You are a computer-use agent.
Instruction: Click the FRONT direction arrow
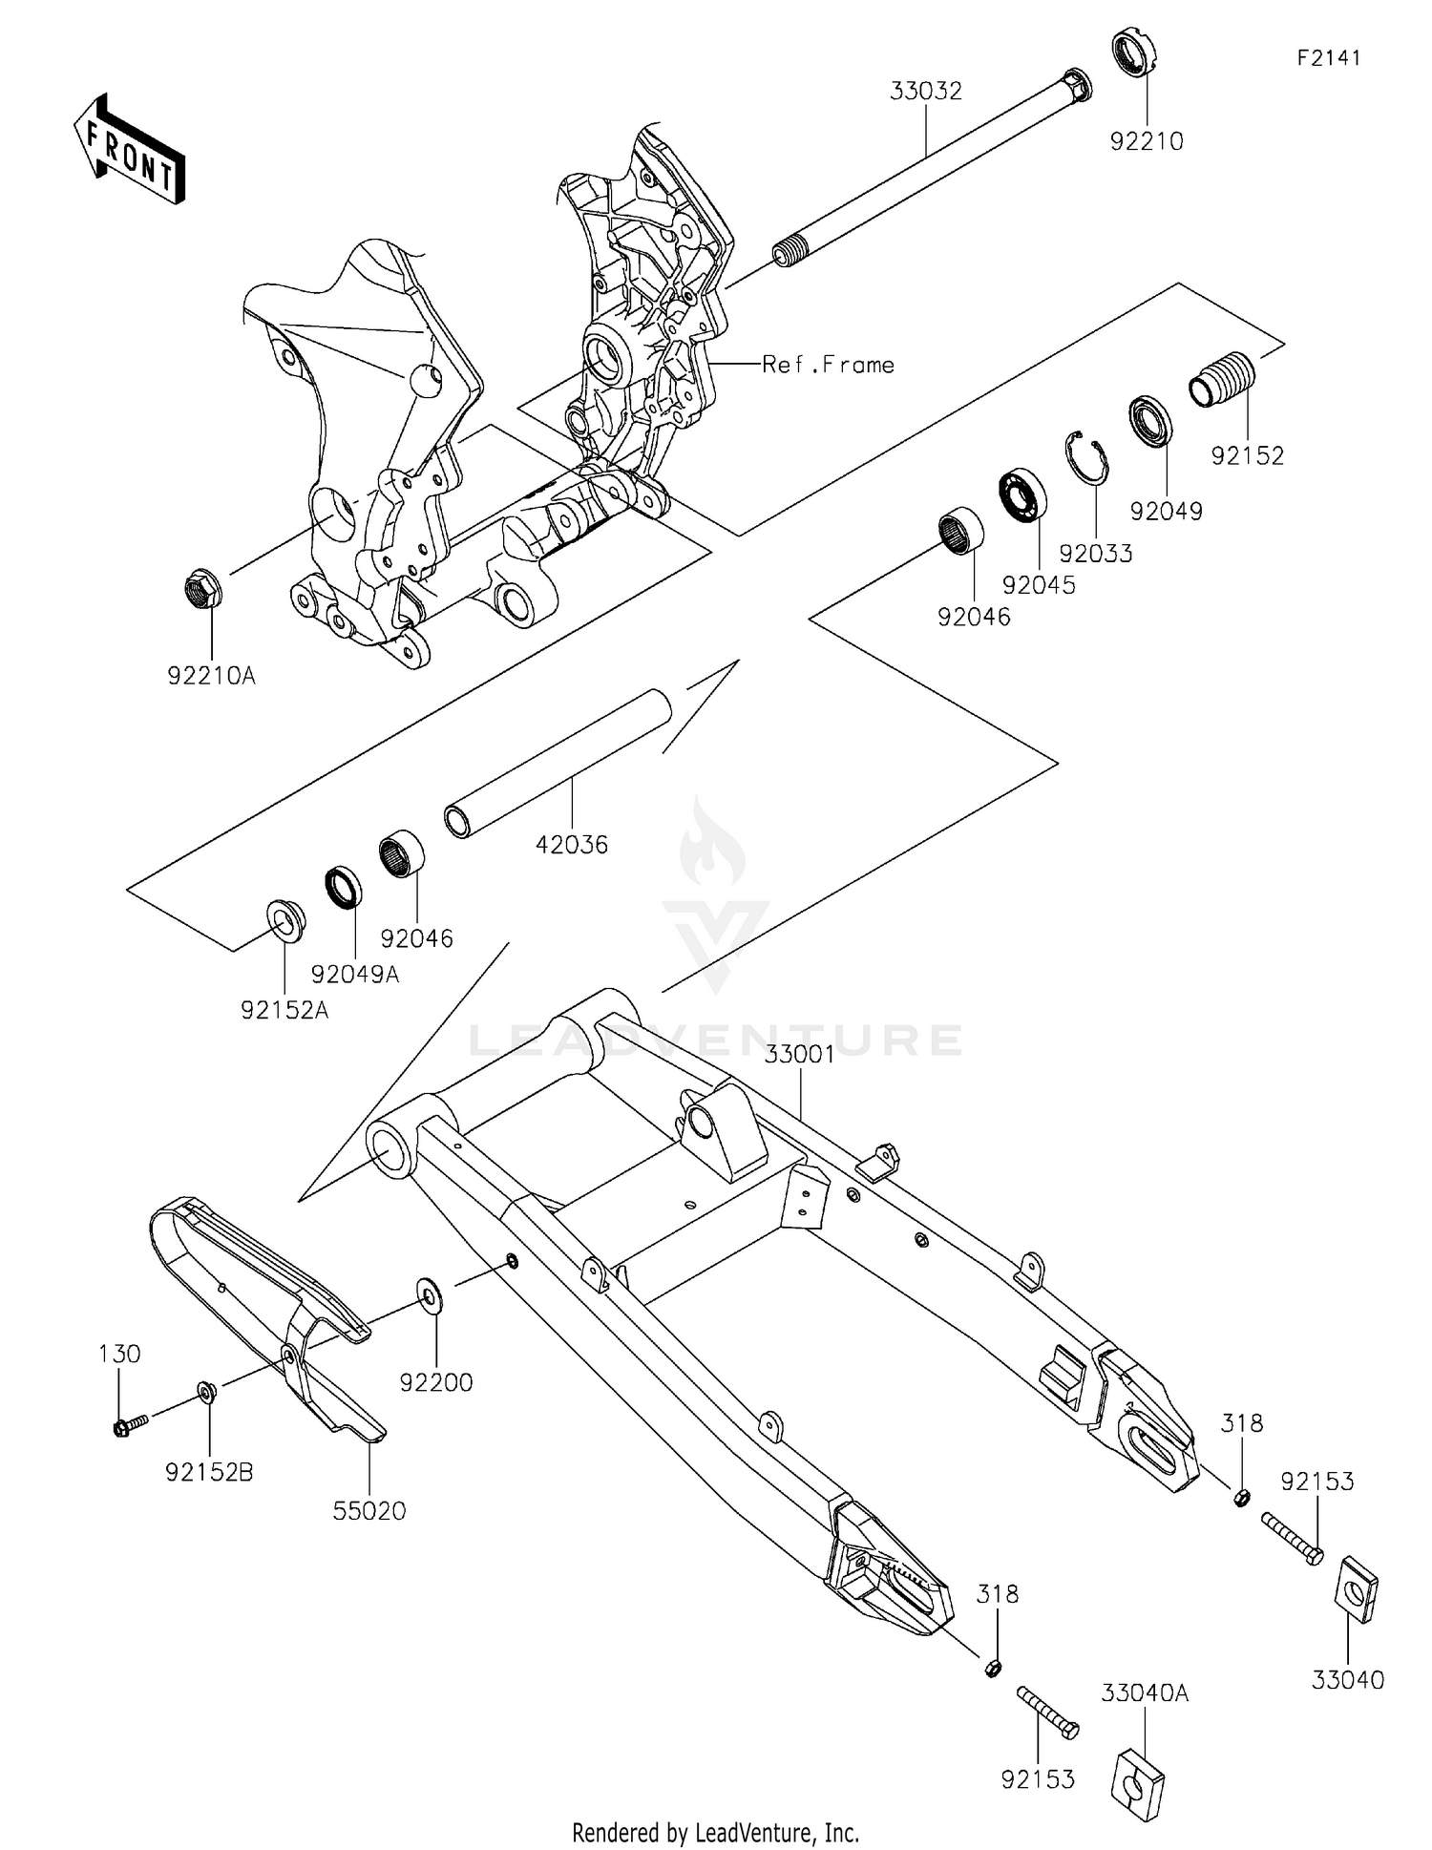[x=129, y=150]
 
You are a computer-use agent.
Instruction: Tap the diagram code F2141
[x=1328, y=58]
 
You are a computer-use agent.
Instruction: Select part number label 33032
[x=925, y=92]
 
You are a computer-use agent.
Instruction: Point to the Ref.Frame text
[x=828, y=365]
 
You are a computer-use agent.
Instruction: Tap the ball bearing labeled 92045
[x=1022, y=494]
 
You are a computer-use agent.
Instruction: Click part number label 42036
[x=571, y=844]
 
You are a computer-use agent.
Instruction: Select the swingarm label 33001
[x=799, y=1054]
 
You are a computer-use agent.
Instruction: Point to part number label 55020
[x=369, y=1511]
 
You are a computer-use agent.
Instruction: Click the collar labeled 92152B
[x=206, y=1392]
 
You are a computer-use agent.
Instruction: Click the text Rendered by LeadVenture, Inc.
[x=715, y=1832]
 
